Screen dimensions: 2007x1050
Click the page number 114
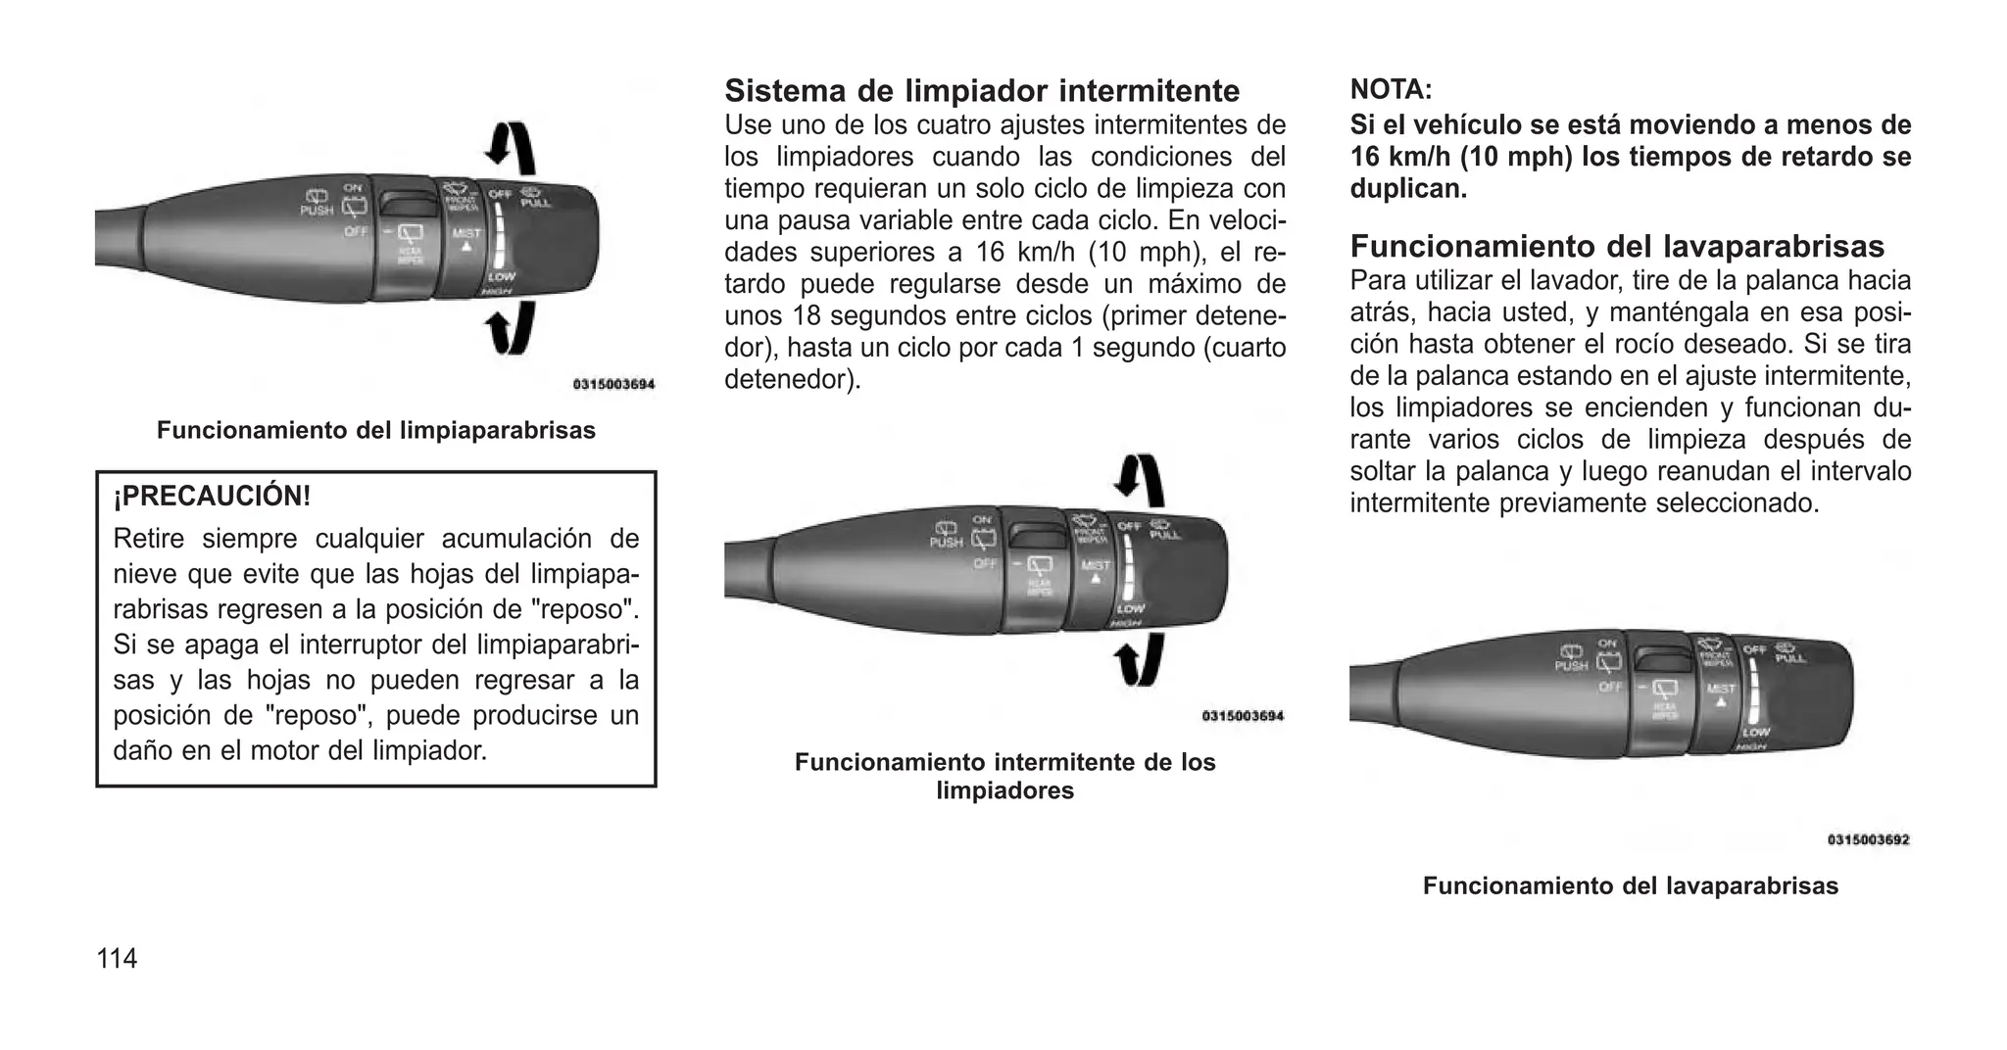117,958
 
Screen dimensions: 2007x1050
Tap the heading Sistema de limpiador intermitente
982,91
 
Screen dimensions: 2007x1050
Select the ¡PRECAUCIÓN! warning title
212,497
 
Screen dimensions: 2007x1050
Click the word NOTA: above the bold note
1391,90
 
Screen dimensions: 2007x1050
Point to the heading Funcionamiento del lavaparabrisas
1617,245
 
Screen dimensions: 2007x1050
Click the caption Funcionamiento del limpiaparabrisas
376,431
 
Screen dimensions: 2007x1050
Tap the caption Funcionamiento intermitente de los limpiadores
1004,776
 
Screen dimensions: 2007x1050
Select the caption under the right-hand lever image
1631,886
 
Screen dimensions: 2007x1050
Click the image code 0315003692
1868,839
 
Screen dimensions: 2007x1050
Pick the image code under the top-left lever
613,385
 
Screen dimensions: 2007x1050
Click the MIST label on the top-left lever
466,233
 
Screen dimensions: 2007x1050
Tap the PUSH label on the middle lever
946,542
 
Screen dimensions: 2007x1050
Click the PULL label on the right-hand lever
1789,658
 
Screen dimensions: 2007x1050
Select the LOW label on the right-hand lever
1755,732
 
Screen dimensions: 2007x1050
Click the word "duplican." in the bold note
1408,189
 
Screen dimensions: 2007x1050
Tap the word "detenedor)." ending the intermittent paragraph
792,379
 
